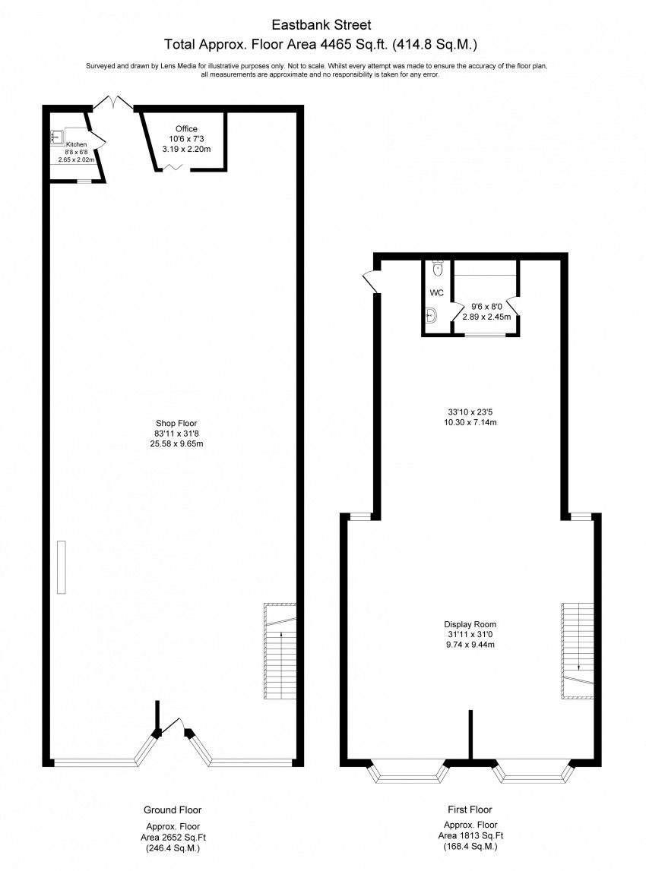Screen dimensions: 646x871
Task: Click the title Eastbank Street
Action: [321, 25]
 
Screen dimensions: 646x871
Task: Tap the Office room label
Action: [186, 129]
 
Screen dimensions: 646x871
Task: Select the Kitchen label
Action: [76, 144]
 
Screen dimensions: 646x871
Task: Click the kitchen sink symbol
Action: [56, 137]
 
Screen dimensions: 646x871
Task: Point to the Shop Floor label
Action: [176, 423]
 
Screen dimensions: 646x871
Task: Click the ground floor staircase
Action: [280, 651]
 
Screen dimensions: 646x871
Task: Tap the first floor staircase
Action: [578, 651]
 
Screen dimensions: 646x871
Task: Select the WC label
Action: [436, 293]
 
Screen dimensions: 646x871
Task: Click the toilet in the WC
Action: [438, 268]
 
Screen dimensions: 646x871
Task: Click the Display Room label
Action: [470, 624]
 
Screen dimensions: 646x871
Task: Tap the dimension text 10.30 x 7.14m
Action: [470, 422]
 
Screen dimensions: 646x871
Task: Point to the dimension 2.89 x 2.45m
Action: [486, 317]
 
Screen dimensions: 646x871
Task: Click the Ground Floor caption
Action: [173, 810]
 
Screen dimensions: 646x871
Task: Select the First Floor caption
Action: [470, 809]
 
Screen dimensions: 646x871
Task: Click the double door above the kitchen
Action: [112, 103]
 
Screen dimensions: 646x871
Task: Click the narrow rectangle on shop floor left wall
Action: [61, 567]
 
